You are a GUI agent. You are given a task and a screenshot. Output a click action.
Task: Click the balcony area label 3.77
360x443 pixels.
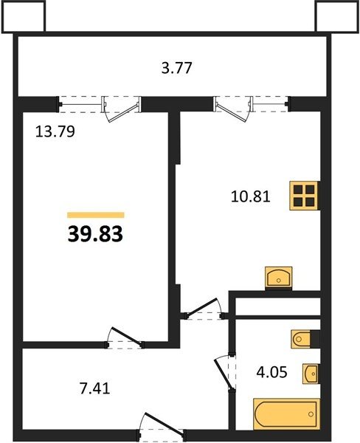click(177, 68)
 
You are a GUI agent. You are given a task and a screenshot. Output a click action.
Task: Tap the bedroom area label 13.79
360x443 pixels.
click(55, 131)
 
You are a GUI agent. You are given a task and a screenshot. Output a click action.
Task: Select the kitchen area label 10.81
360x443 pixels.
click(251, 196)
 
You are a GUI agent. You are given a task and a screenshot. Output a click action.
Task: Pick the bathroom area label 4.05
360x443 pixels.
click(271, 372)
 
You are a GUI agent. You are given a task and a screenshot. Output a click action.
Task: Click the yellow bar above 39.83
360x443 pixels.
click(96, 215)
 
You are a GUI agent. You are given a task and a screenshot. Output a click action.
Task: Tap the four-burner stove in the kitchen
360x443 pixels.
click(304, 196)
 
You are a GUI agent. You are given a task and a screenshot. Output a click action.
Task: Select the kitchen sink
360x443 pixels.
click(279, 278)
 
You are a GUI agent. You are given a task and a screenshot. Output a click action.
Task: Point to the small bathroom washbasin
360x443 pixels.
click(311, 374)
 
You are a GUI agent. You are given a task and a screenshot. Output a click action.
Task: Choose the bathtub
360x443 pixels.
click(286, 414)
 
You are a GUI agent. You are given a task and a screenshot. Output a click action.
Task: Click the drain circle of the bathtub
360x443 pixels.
click(311, 414)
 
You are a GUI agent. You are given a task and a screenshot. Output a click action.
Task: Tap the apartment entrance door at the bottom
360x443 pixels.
click(162, 427)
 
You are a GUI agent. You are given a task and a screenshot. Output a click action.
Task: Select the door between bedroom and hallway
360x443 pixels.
click(125, 338)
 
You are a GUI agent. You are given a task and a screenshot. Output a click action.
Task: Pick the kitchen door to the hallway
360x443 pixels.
click(204, 309)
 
